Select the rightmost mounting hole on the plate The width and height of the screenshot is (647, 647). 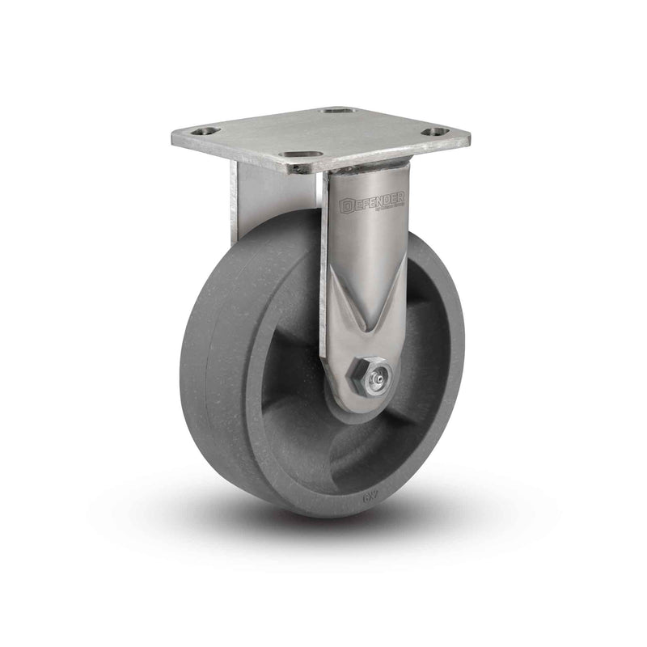coord(436,131)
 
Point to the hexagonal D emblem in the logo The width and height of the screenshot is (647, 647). coord(349,205)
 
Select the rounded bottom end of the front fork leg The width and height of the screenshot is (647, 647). coord(356,404)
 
